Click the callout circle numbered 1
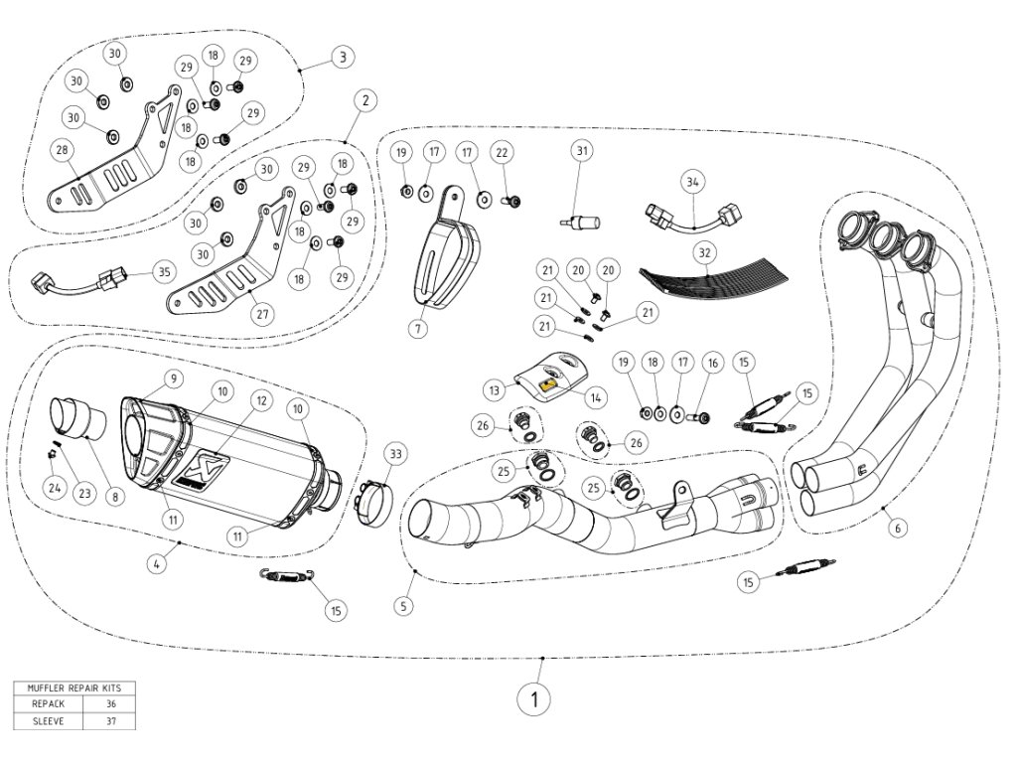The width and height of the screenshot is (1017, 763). click(534, 699)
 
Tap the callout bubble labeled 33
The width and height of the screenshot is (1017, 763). click(395, 455)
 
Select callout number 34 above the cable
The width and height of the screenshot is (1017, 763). click(692, 182)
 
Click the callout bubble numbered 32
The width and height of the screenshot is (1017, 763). click(704, 252)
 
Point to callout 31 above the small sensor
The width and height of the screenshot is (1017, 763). click(582, 151)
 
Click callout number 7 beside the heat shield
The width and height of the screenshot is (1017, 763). click(419, 326)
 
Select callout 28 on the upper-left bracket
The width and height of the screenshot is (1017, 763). click(64, 150)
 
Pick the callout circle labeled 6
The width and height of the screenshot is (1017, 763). click(897, 529)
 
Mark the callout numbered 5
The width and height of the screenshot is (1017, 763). click(404, 604)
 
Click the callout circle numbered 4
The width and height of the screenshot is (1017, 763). click(155, 563)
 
